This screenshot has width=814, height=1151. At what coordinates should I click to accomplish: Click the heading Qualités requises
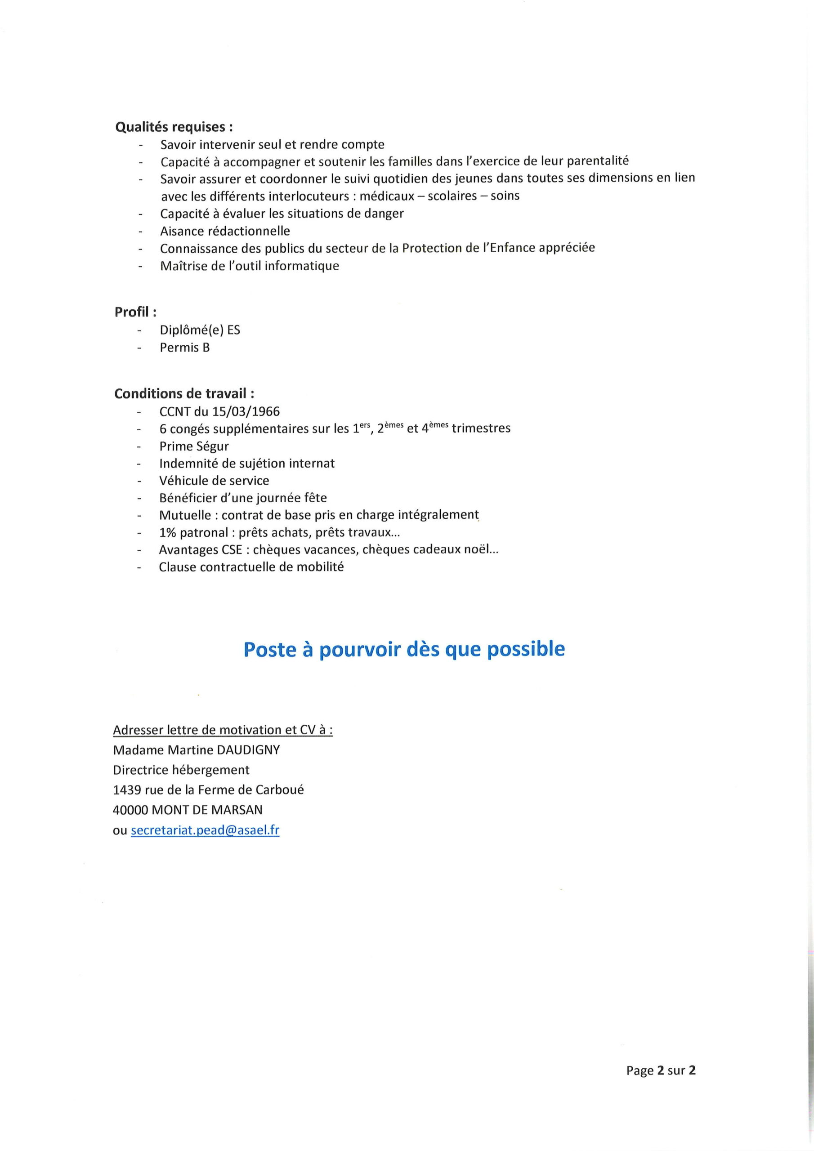pos(174,127)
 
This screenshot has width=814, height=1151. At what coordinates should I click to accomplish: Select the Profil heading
pos(135,312)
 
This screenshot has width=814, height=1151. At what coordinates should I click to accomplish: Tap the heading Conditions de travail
pos(184,393)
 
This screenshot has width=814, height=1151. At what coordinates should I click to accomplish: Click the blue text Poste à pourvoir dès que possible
pos(404,649)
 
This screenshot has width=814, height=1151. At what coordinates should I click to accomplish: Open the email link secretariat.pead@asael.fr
pos(205,830)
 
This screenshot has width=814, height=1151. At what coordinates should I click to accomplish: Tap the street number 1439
pos(127,790)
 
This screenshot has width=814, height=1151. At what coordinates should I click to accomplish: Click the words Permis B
pos(184,348)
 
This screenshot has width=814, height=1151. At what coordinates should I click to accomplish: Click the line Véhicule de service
pos(214,481)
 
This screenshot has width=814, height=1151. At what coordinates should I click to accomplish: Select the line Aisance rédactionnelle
pos(225,231)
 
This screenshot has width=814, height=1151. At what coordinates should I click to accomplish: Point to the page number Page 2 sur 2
pos(661,1070)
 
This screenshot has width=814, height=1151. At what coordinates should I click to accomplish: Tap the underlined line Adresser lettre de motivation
pos(223,730)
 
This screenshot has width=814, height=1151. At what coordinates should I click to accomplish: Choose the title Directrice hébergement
pos(181,770)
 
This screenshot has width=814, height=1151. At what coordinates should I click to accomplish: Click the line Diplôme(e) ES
pos(200,330)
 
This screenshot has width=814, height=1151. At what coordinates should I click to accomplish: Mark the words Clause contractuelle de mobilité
pos(251,567)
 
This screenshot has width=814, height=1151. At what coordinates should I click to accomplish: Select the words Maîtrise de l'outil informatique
pos(249,266)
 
